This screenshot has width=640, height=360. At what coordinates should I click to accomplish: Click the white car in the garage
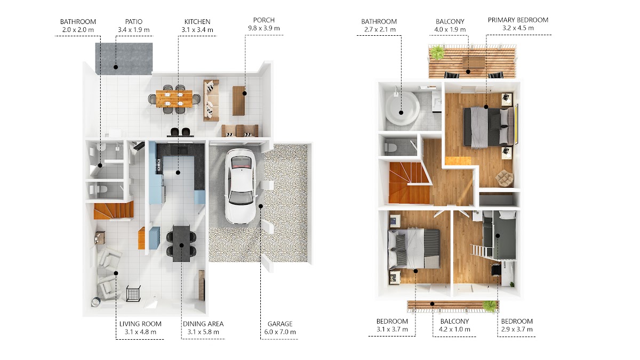point(241,186)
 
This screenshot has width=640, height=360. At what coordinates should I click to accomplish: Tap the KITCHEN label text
point(197,22)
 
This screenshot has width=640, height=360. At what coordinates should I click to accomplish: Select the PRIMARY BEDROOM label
point(518,20)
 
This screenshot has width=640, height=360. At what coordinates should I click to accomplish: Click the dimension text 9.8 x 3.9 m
point(263,28)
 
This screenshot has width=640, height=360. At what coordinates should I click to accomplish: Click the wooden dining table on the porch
point(174,99)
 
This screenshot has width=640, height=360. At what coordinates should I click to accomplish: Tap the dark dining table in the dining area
point(181,243)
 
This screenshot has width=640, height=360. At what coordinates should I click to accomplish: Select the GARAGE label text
point(280,324)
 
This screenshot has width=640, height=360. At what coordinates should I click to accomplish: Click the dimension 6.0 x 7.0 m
point(280,332)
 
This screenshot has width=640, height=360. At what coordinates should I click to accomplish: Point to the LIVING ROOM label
point(140,324)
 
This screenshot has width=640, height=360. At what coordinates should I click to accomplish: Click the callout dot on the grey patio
point(116,67)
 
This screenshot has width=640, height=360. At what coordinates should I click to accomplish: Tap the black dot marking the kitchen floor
point(178,173)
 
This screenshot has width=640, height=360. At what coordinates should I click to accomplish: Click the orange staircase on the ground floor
point(114,211)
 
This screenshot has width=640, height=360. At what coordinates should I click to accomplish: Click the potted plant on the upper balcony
point(437,52)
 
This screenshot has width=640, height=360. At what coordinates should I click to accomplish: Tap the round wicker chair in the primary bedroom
point(505,178)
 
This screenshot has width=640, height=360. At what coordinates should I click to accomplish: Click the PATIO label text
point(134,22)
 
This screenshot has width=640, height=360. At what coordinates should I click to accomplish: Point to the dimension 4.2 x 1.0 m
point(454,330)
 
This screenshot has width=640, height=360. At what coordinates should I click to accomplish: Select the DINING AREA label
point(203,324)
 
